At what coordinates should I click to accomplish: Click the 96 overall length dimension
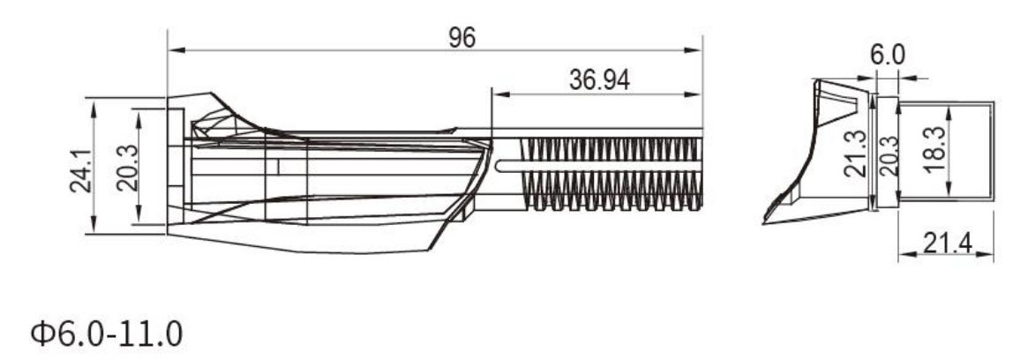pyautogui.click(x=461, y=38)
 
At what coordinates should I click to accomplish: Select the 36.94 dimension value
pyautogui.click(x=599, y=81)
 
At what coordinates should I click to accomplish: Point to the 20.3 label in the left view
pyautogui.click(x=127, y=169)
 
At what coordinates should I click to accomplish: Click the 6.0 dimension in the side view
pyautogui.click(x=887, y=56)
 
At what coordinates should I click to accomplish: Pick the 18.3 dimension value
pyautogui.click(x=933, y=150)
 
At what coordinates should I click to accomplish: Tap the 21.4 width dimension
pyautogui.click(x=948, y=244)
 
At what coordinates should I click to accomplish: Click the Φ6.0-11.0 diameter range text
pyautogui.click(x=106, y=334)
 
